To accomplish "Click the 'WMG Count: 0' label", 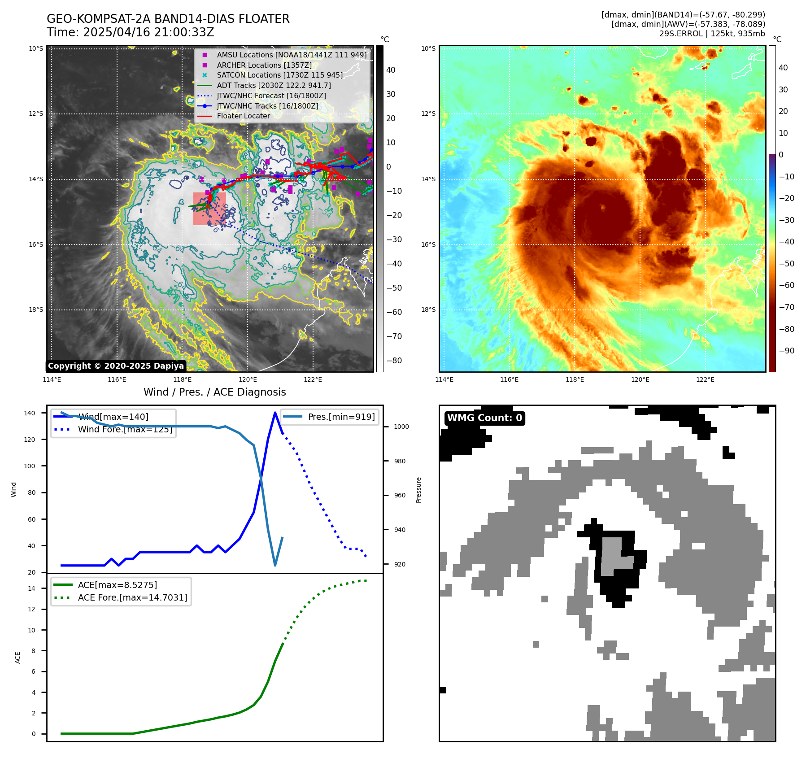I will (484, 418).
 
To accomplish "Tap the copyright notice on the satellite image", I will (116, 366).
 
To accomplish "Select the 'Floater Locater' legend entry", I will (243, 116).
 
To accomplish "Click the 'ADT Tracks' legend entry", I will (274, 85).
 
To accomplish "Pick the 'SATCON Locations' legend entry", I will (279, 75).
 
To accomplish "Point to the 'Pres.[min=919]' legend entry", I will (341, 417).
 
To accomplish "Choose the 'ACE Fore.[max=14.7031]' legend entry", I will (132, 597).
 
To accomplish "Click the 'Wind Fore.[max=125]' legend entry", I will (125, 429).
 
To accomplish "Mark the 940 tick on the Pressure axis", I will (399, 530).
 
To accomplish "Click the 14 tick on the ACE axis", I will (31, 588).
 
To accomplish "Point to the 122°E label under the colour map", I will (705, 380).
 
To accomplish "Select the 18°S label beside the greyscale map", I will (36, 310).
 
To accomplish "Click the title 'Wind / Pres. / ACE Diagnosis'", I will (214, 392).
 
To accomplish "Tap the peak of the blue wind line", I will (275, 413).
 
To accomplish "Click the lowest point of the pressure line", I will (275, 565).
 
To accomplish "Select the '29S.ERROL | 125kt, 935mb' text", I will (712, 34).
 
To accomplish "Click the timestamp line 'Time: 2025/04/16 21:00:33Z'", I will (130, 33).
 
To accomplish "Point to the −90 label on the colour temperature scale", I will (786, 351).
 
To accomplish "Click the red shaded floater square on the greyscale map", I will (209, 209).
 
